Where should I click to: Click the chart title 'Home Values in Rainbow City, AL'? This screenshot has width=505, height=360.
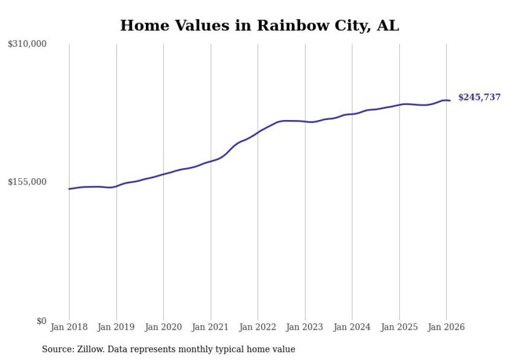pyautogui.click(x=259, y=25)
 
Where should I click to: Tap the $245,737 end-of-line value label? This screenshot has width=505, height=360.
pyautogui.click(x=479, y=97)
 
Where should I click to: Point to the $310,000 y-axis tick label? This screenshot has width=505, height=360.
pyautogui.click(x=27, y=44)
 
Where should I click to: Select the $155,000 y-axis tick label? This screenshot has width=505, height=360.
pyautogui.click(x=27, y=182)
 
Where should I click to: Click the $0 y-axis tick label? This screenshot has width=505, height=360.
pyautogui.click(x=41, y=321)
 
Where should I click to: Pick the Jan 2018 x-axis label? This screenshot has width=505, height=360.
pyautogui.click(x=69, y=327)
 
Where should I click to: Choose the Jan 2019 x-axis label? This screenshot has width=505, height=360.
pyautogui.click(x=116, y=327)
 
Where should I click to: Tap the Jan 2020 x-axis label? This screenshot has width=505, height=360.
pyautogui.click(x=163, y=327)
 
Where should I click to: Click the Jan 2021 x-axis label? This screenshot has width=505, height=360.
pyautogui.click(x=211, y=327)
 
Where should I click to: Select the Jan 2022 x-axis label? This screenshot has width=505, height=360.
pyautogui.click(x=258, y=327)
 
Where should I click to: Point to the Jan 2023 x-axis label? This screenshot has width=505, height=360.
pyautogui.click(x=305, y=327)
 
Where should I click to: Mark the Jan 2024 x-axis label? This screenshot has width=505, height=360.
pyautogui.click(x=352, y=327)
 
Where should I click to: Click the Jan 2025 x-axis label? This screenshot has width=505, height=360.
pyautogui.click(x=399, y=327)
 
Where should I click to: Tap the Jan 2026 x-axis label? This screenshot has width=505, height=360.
pyautogui.click(x=446, y=327)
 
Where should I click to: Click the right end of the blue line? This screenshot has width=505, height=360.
pyautogui.click(x=450, y=100)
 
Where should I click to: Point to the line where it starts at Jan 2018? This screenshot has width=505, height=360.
pyautogui.click(x=70, y=189)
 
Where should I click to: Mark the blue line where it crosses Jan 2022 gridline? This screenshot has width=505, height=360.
pyautogui.click(x=258, y=131)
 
